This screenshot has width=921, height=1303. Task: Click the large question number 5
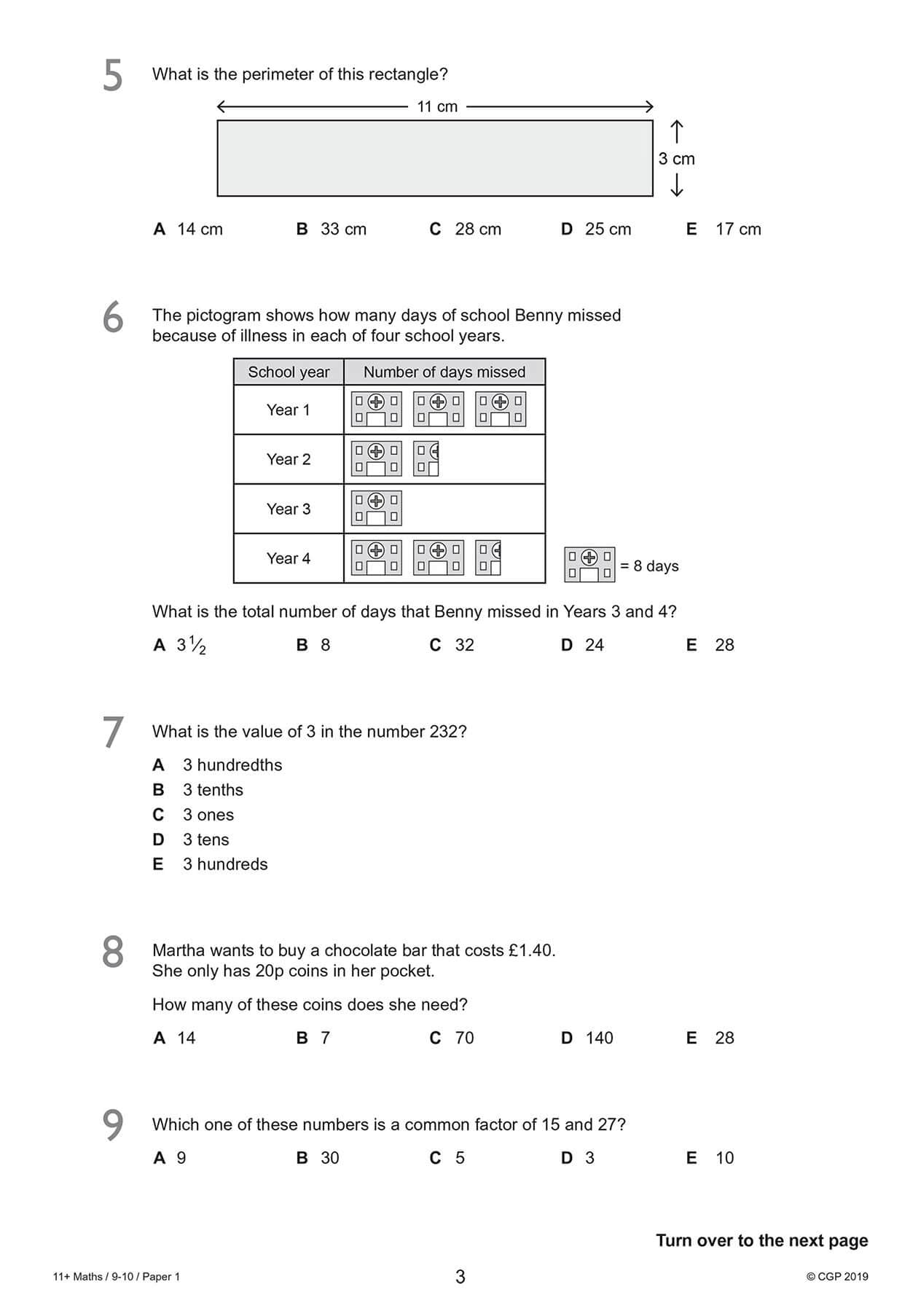coord(113,76)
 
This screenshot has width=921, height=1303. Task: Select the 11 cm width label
coord(437,106)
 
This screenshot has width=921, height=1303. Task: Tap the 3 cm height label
coord(676,159)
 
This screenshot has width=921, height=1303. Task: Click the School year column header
coord(289,372)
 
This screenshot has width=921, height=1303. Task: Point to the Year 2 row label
coord(289,459)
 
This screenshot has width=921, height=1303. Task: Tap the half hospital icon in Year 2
coord(426,459)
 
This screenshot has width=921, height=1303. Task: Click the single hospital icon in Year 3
coord(376,509)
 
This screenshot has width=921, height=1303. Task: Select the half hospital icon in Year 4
coord(488,558)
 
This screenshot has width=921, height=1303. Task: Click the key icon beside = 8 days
coord(589,566)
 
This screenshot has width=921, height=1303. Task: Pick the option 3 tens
coord(205,840)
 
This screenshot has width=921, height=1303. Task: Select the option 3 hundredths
coord(232,765)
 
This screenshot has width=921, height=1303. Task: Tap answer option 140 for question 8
coord(599,1038)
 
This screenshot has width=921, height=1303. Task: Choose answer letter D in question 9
coord(567,1158)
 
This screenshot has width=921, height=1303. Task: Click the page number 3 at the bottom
coord(460,1277)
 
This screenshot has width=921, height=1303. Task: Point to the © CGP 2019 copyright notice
coord(837,1277)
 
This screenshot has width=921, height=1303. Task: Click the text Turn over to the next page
coord(761,1240)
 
